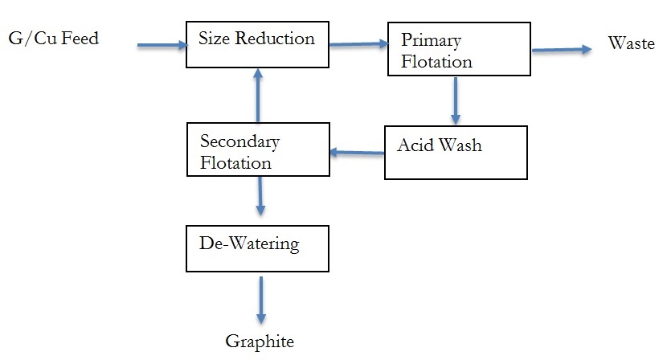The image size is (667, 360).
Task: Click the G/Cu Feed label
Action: point(53,38)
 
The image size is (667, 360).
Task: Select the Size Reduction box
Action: point(257,44)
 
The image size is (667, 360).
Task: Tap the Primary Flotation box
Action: point(459,49)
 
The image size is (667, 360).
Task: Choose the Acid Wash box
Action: point(456,152)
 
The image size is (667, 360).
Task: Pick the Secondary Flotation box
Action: point(258,149)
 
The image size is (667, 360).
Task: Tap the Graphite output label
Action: point(260,342)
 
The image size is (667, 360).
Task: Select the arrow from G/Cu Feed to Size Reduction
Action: point(162,46)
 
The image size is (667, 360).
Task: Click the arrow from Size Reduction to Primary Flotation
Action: point(358,44)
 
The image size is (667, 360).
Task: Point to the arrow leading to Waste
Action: point(561,50)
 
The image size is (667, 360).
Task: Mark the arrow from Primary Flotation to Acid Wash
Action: point(455,100)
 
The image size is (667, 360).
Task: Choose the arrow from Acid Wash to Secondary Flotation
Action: point(357,152)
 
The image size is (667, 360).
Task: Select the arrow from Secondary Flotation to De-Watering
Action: point(260,195)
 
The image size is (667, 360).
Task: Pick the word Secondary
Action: point(239,142)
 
